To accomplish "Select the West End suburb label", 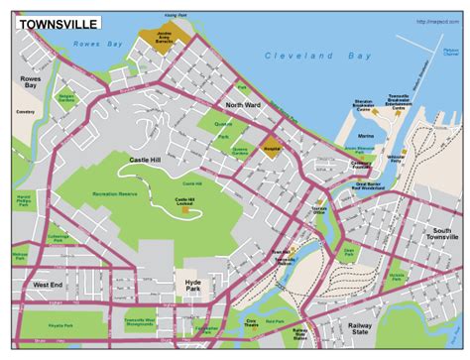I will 48,285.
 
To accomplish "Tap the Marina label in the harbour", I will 366,137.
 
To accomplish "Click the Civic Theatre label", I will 253,322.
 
